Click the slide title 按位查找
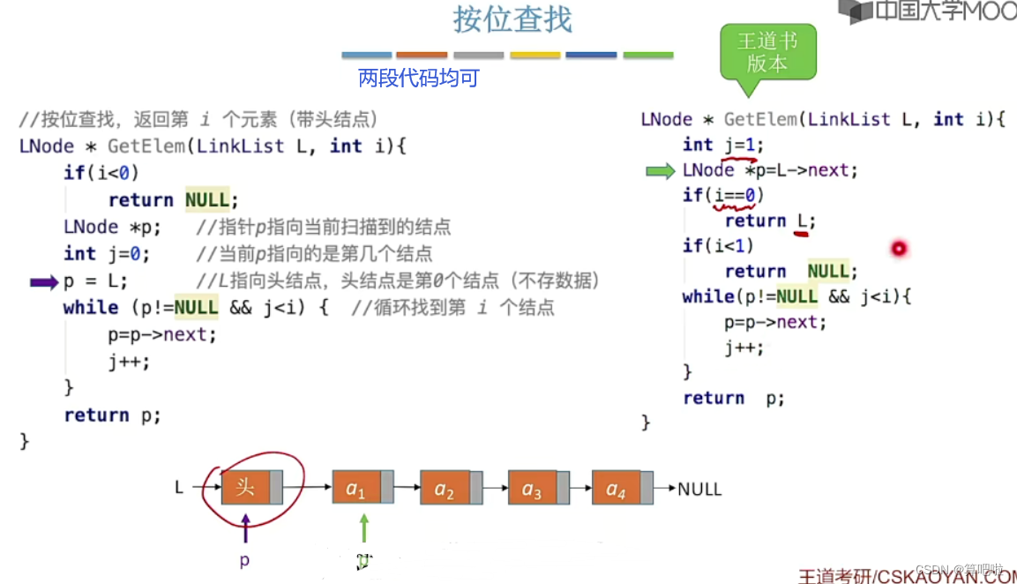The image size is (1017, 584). coord(512,20)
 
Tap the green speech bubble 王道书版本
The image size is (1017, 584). coord(767,53)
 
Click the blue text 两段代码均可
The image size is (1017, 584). coord(418,78)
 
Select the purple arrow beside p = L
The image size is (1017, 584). coord(44,282)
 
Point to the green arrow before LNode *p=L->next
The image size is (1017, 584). coord(661,171)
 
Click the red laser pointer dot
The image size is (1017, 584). coord(899,249)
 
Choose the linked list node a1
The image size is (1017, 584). coord(356,488)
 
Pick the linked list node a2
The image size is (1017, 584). coord(445,488)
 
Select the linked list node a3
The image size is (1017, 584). coord(533,488)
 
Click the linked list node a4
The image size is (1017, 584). coord(617,488)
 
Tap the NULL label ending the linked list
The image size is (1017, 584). coord(699,488)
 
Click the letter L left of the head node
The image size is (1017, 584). coord(179,487)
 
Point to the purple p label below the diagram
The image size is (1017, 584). coord(244,560)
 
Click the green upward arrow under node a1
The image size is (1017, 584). coord(363,528)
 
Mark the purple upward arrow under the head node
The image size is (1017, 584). coord(245,528)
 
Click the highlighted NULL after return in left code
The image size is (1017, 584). coord(206,200)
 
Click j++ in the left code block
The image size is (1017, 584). coord(129,362)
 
